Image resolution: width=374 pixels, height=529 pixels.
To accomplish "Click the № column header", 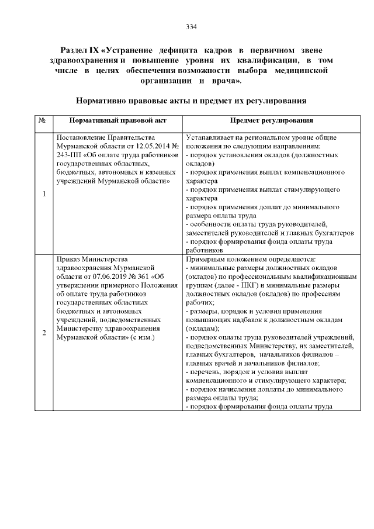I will tap(43, 120).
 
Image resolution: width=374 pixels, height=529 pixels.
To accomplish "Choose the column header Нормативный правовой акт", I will tap(118, 120).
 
